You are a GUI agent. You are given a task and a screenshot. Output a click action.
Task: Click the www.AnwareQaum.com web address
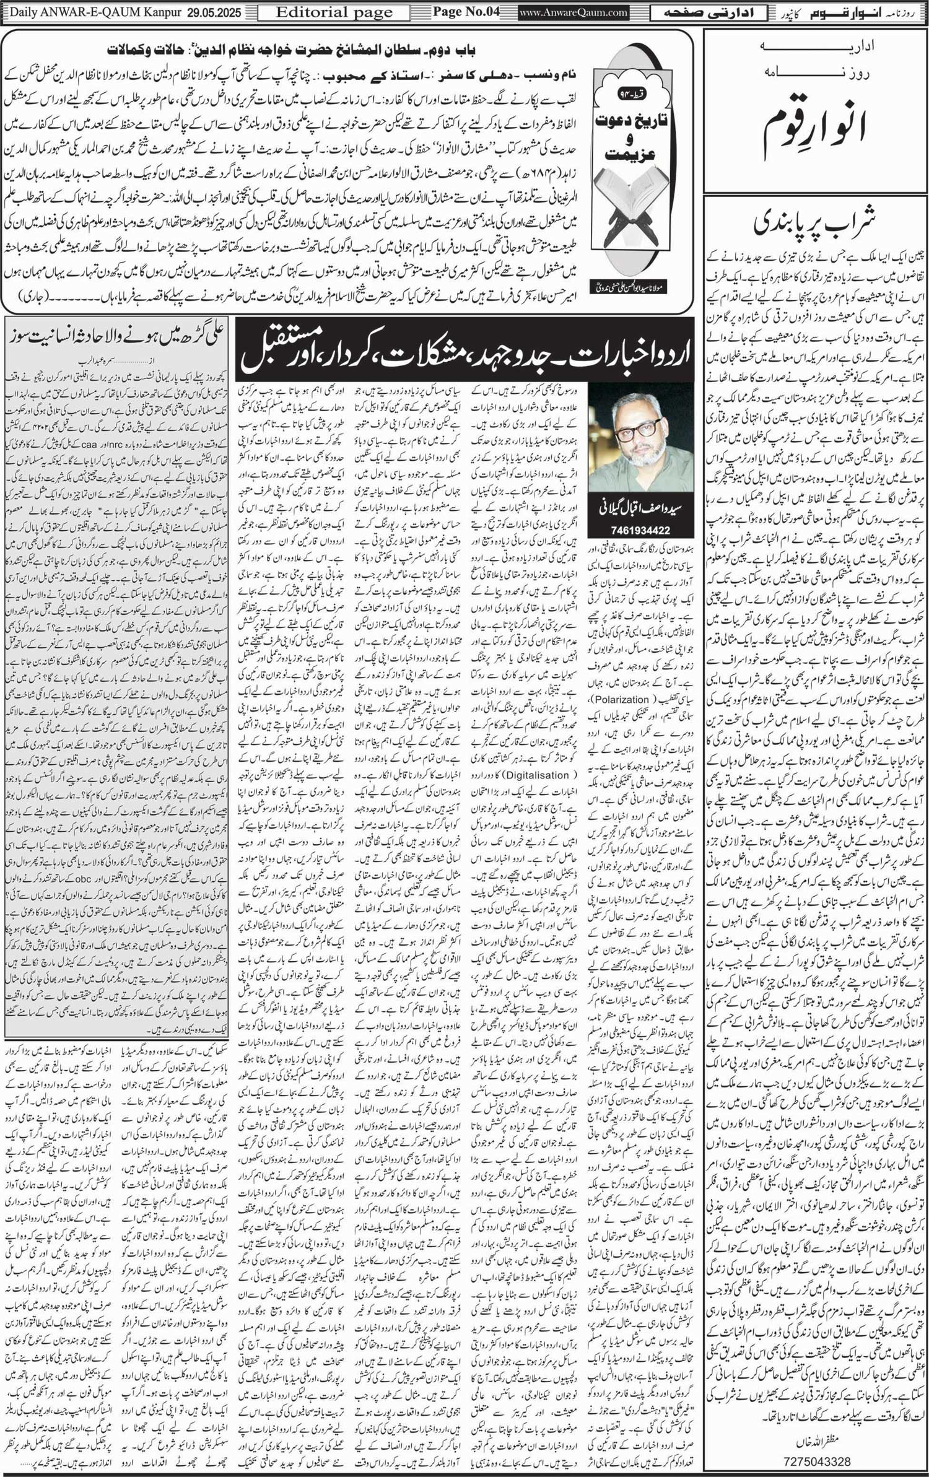(564, 12)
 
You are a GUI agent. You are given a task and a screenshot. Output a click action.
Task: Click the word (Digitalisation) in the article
(537, 775)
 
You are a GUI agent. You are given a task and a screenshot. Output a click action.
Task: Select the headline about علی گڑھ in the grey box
(117, 336)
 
